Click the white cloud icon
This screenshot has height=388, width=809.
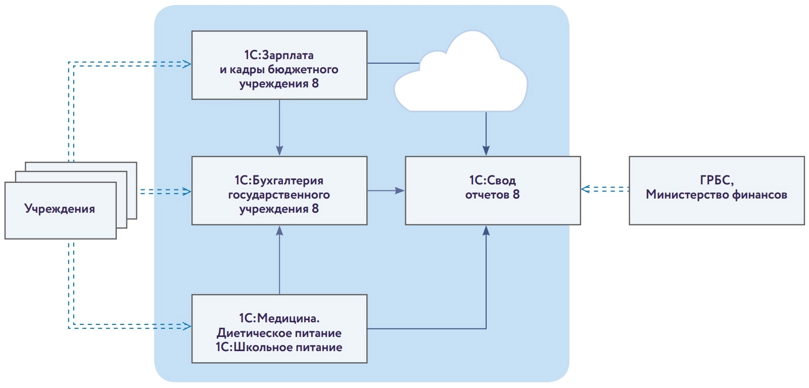[x=460, y=76]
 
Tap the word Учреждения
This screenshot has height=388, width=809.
[x=60, y=209]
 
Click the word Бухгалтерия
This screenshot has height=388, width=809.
[x=287, y=180]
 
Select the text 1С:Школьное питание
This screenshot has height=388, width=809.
[x=279, y=348]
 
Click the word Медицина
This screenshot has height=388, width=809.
[x=289, y=318]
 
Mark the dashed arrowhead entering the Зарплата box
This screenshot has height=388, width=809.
[x=187, y=64]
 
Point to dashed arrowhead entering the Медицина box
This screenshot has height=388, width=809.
[x=187, y=326]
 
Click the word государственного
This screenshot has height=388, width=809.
[x=279, y=195]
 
